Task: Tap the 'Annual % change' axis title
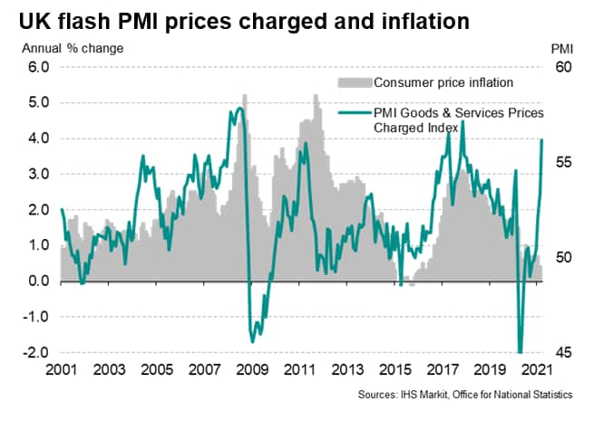80,47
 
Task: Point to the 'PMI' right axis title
561,47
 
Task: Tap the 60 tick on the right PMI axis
562,67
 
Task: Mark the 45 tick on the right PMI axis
562,352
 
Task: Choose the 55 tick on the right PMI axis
562,162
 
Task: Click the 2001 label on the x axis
61,371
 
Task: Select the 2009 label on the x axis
252,371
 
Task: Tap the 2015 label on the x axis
396,371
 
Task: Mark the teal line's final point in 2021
542,139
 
